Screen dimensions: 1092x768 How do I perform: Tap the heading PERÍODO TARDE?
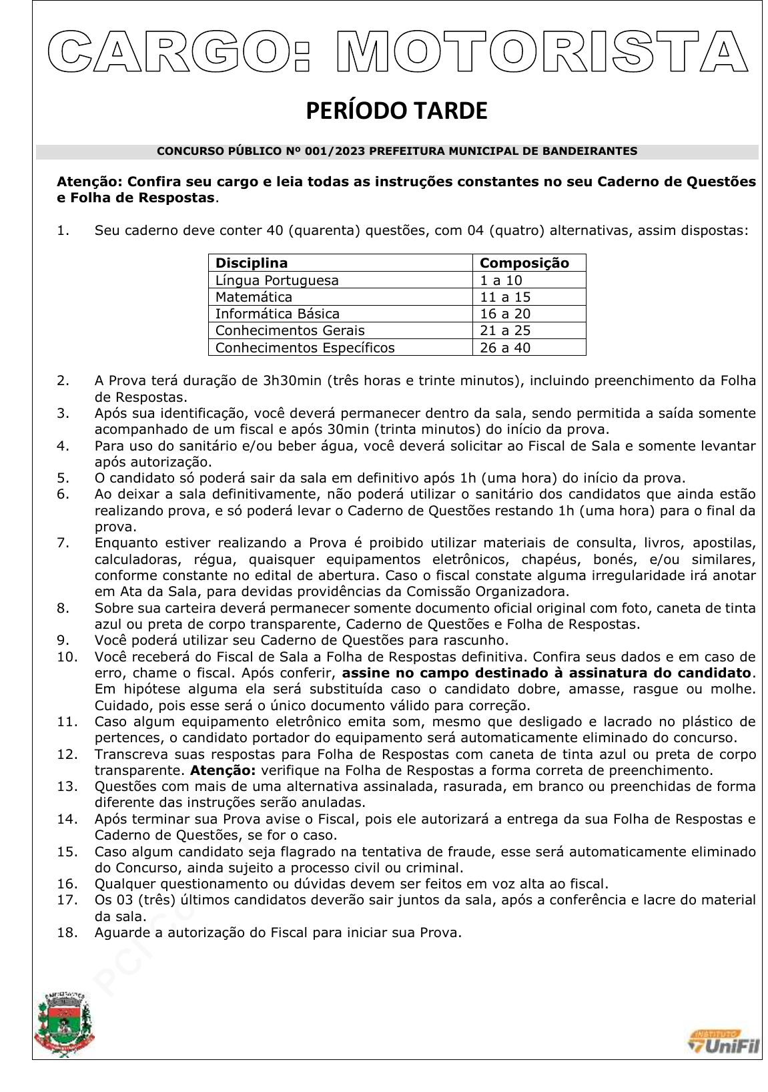[x=396, y=111]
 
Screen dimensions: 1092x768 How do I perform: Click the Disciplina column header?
[x=252, y=263]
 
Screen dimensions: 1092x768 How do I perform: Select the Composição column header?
[x=524, y=263]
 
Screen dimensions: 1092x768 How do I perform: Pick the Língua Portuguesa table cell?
[x=277, y=280]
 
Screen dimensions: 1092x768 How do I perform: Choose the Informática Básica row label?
[x=278, y=314]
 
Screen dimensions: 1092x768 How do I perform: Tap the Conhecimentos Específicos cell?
[x=305, y=348]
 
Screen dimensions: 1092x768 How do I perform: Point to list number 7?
[x=63, y=543]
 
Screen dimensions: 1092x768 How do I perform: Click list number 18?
[x=67, y=932]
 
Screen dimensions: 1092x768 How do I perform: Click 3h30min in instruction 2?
[x=292, y=381]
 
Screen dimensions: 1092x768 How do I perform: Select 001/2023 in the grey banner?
[x=334, y=152]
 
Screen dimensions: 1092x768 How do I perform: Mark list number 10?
[x=67, y=657]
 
